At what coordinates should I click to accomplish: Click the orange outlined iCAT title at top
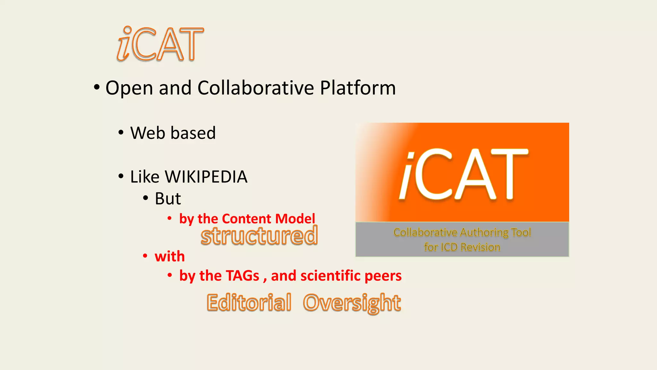[x=160, y=44]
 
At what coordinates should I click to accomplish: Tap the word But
[x=168, y=198]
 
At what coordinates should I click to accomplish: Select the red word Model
[x=295, y=219]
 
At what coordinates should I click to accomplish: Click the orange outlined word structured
[x=259, y=236]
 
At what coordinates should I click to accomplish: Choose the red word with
[x=170, y=257]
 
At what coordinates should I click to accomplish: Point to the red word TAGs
[x=242, y=276]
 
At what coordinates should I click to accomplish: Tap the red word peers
[x=383, y=276]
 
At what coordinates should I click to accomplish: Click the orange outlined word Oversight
[x=352, y=303]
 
